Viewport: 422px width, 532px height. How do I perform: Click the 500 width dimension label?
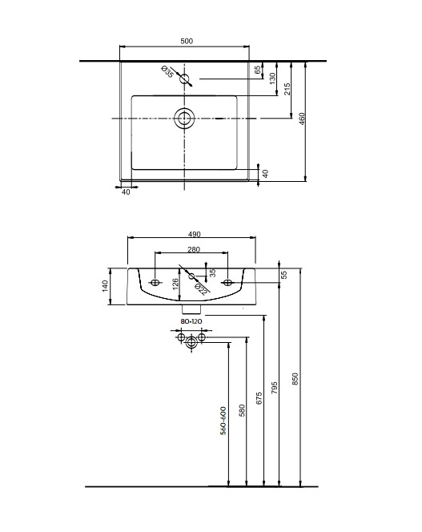point(187,41)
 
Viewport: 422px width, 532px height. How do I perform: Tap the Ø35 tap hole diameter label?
point(167,72)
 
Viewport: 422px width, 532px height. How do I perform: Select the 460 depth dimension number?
point(302,119)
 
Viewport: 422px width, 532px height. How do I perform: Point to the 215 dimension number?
point(287,89)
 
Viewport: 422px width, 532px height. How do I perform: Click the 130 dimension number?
point(272,79)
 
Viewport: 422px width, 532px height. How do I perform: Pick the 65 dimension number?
point(258,70)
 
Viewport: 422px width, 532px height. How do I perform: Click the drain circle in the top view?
point(184,119)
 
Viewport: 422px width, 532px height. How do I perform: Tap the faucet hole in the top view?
point(184,79)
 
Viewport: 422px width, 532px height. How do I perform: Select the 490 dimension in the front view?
point(194,234)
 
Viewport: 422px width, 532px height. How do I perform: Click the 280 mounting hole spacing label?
point(194,249)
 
